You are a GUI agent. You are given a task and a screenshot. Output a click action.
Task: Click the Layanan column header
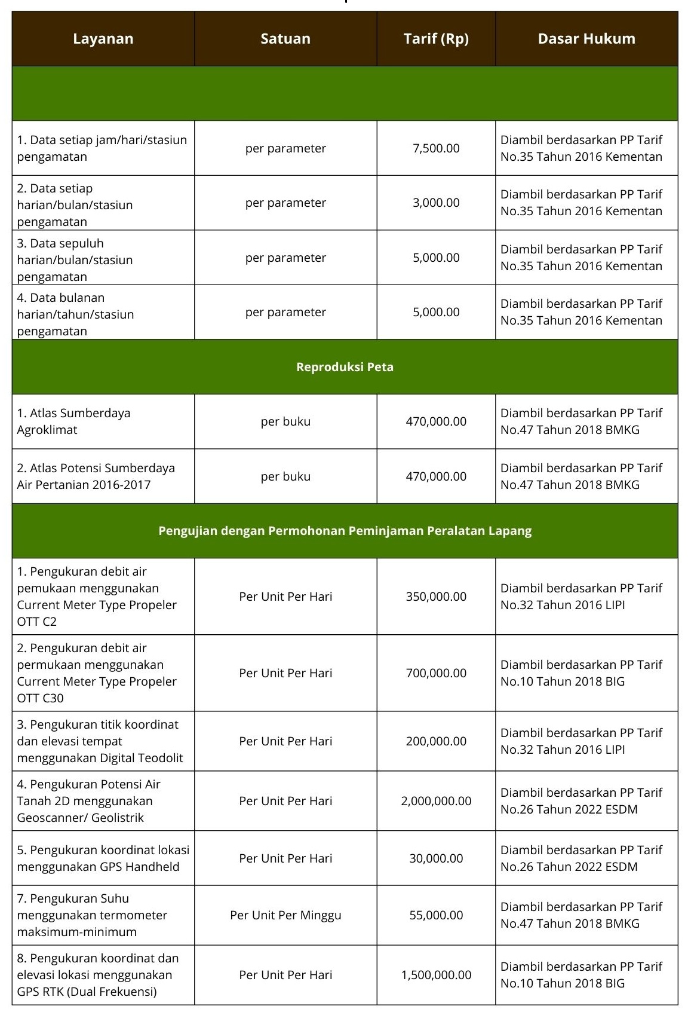tap(103, 39)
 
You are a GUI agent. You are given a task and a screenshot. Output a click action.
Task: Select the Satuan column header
tap(285, 39)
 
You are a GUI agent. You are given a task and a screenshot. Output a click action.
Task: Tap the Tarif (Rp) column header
tap(436, 39)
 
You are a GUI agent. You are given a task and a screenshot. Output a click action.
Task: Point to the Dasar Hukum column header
tap(586, 39)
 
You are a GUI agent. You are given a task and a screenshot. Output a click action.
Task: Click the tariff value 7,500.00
tap(436, 148)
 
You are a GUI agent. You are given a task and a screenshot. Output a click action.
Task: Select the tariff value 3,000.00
tap(436, 203)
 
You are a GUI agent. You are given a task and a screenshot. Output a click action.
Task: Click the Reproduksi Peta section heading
tap(345, 367)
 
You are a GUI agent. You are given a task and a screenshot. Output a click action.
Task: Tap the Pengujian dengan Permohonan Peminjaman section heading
tap(345, 531)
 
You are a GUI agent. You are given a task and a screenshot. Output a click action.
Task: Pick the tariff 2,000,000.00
tap(436, 801)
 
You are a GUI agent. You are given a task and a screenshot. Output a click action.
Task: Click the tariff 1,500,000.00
tap(436, 975)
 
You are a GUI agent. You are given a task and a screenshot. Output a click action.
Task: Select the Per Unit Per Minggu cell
tap(285, 915)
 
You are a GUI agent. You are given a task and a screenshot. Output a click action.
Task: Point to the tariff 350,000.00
tap(436, 597)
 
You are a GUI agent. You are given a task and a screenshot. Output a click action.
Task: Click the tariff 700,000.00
tap(436, 673)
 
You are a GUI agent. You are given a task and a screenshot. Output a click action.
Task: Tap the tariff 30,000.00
tap(436, 858)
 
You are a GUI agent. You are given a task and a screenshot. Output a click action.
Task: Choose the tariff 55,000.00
tap(436, 915)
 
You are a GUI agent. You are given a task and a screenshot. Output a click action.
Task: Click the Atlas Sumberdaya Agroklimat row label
tap(73, 421)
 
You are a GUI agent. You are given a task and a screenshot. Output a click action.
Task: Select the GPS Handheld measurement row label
tap(103, 858)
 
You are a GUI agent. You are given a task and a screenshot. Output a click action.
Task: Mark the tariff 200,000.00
tap(436, 741)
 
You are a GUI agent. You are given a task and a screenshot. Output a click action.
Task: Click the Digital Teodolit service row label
tap(100, 741)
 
